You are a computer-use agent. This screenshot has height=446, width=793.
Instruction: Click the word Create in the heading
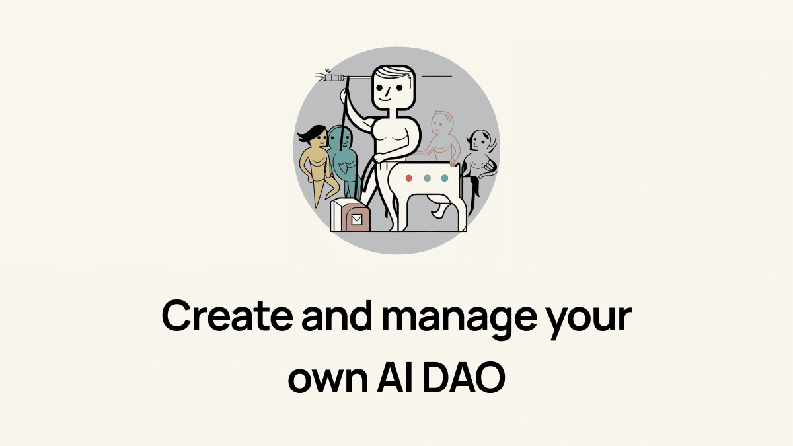227,315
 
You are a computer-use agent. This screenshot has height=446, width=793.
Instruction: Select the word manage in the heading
459,319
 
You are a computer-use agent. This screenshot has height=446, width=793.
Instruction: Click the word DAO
464,377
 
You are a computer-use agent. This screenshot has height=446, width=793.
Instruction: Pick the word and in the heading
337,315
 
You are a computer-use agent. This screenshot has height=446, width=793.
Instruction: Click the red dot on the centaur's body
409,178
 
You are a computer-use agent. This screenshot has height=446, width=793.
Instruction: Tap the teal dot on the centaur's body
445,178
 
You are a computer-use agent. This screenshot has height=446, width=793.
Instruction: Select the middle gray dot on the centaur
428,178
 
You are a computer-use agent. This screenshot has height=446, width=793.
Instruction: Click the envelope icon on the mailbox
356,220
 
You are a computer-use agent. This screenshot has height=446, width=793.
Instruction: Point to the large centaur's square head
393,87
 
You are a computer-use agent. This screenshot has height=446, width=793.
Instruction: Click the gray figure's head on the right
480,140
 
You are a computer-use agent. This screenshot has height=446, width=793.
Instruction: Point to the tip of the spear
316,75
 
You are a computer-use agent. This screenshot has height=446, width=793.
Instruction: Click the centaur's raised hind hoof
437,213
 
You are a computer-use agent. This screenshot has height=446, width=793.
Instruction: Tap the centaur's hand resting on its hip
380,157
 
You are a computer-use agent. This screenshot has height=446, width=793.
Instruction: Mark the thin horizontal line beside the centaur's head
437,76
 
